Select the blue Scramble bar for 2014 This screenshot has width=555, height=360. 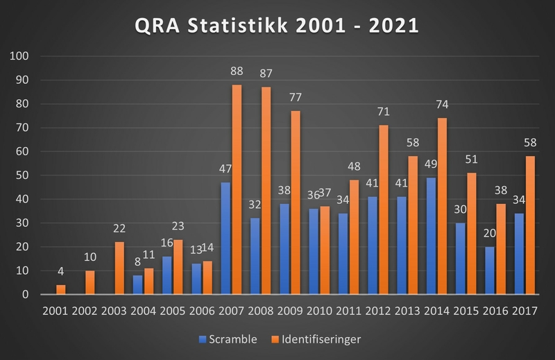coord(431,236)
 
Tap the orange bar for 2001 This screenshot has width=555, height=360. coord(62,289)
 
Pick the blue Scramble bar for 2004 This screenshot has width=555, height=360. coord(138,284)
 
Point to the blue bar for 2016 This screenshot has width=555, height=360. coord(490,271)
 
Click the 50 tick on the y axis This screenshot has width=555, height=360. coord(21,175)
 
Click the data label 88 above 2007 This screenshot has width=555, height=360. coord(237,71)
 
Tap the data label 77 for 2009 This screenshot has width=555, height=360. coord(296,97)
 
